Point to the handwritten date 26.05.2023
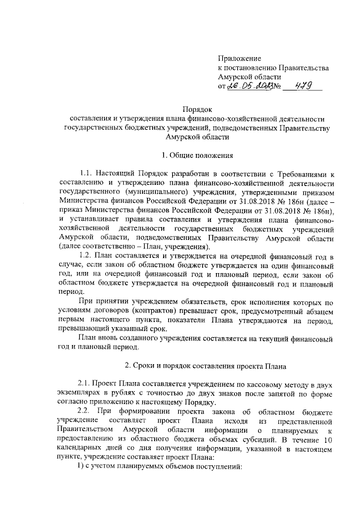click(249, 87)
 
